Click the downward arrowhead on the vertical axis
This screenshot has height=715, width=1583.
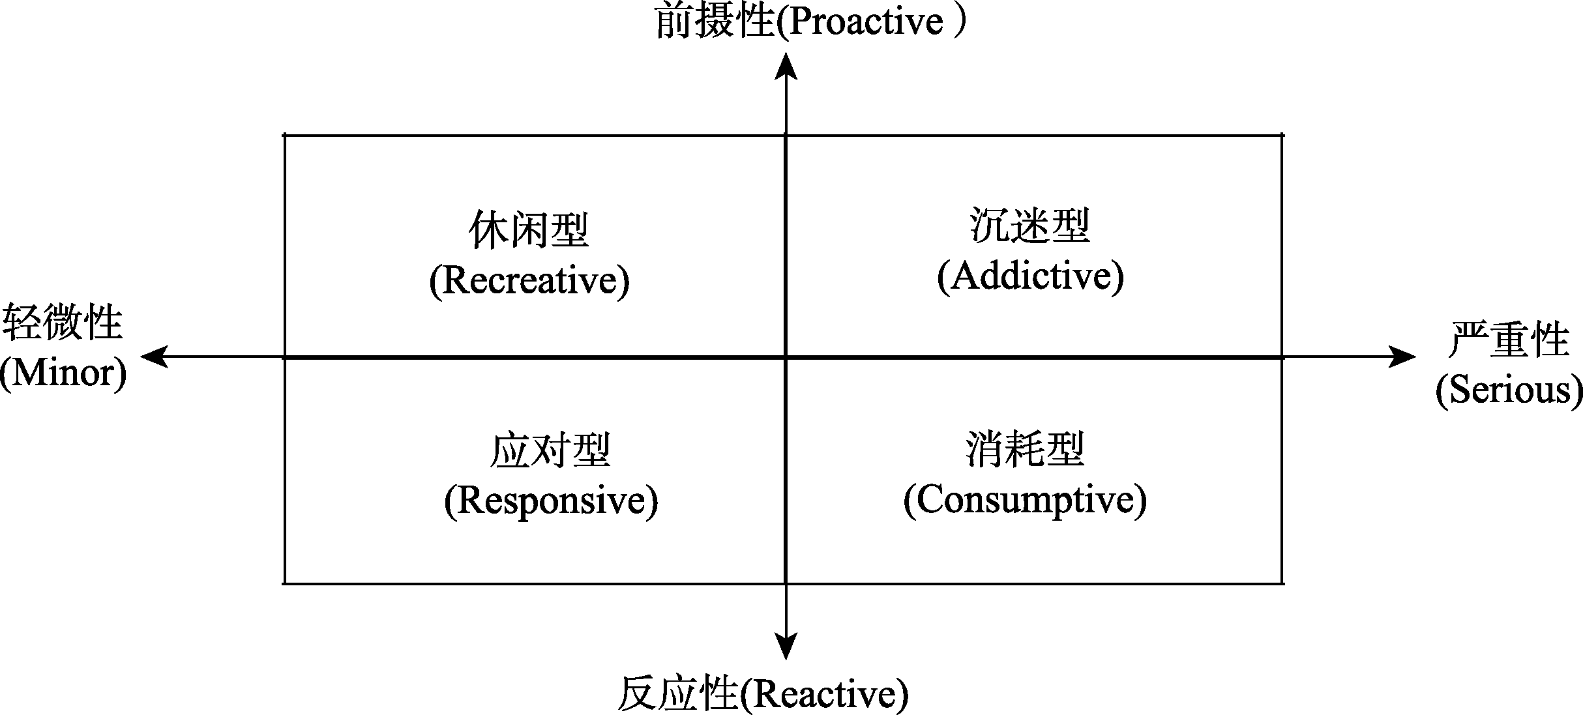click(786, 645)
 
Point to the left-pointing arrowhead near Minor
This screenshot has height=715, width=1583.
click(155, 357)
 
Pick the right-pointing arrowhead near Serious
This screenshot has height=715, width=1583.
click(1402, 357)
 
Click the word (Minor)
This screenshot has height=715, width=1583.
click(63, 373)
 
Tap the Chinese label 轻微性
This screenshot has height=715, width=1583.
click(63, 323)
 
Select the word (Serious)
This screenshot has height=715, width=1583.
click(1509, 390)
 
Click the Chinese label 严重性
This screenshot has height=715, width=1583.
click(1509, 340)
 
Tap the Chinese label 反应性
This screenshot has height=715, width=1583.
click(678, 694)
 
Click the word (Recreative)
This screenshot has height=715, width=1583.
click(529, 281)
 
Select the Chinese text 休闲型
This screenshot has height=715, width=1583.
click(529, 230)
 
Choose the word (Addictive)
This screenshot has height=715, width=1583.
click(1030, 276)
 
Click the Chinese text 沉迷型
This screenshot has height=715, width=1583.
click(1030, 226)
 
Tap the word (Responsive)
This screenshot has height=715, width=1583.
click(551, 501)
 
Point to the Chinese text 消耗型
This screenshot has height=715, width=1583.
click(1025, 450)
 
